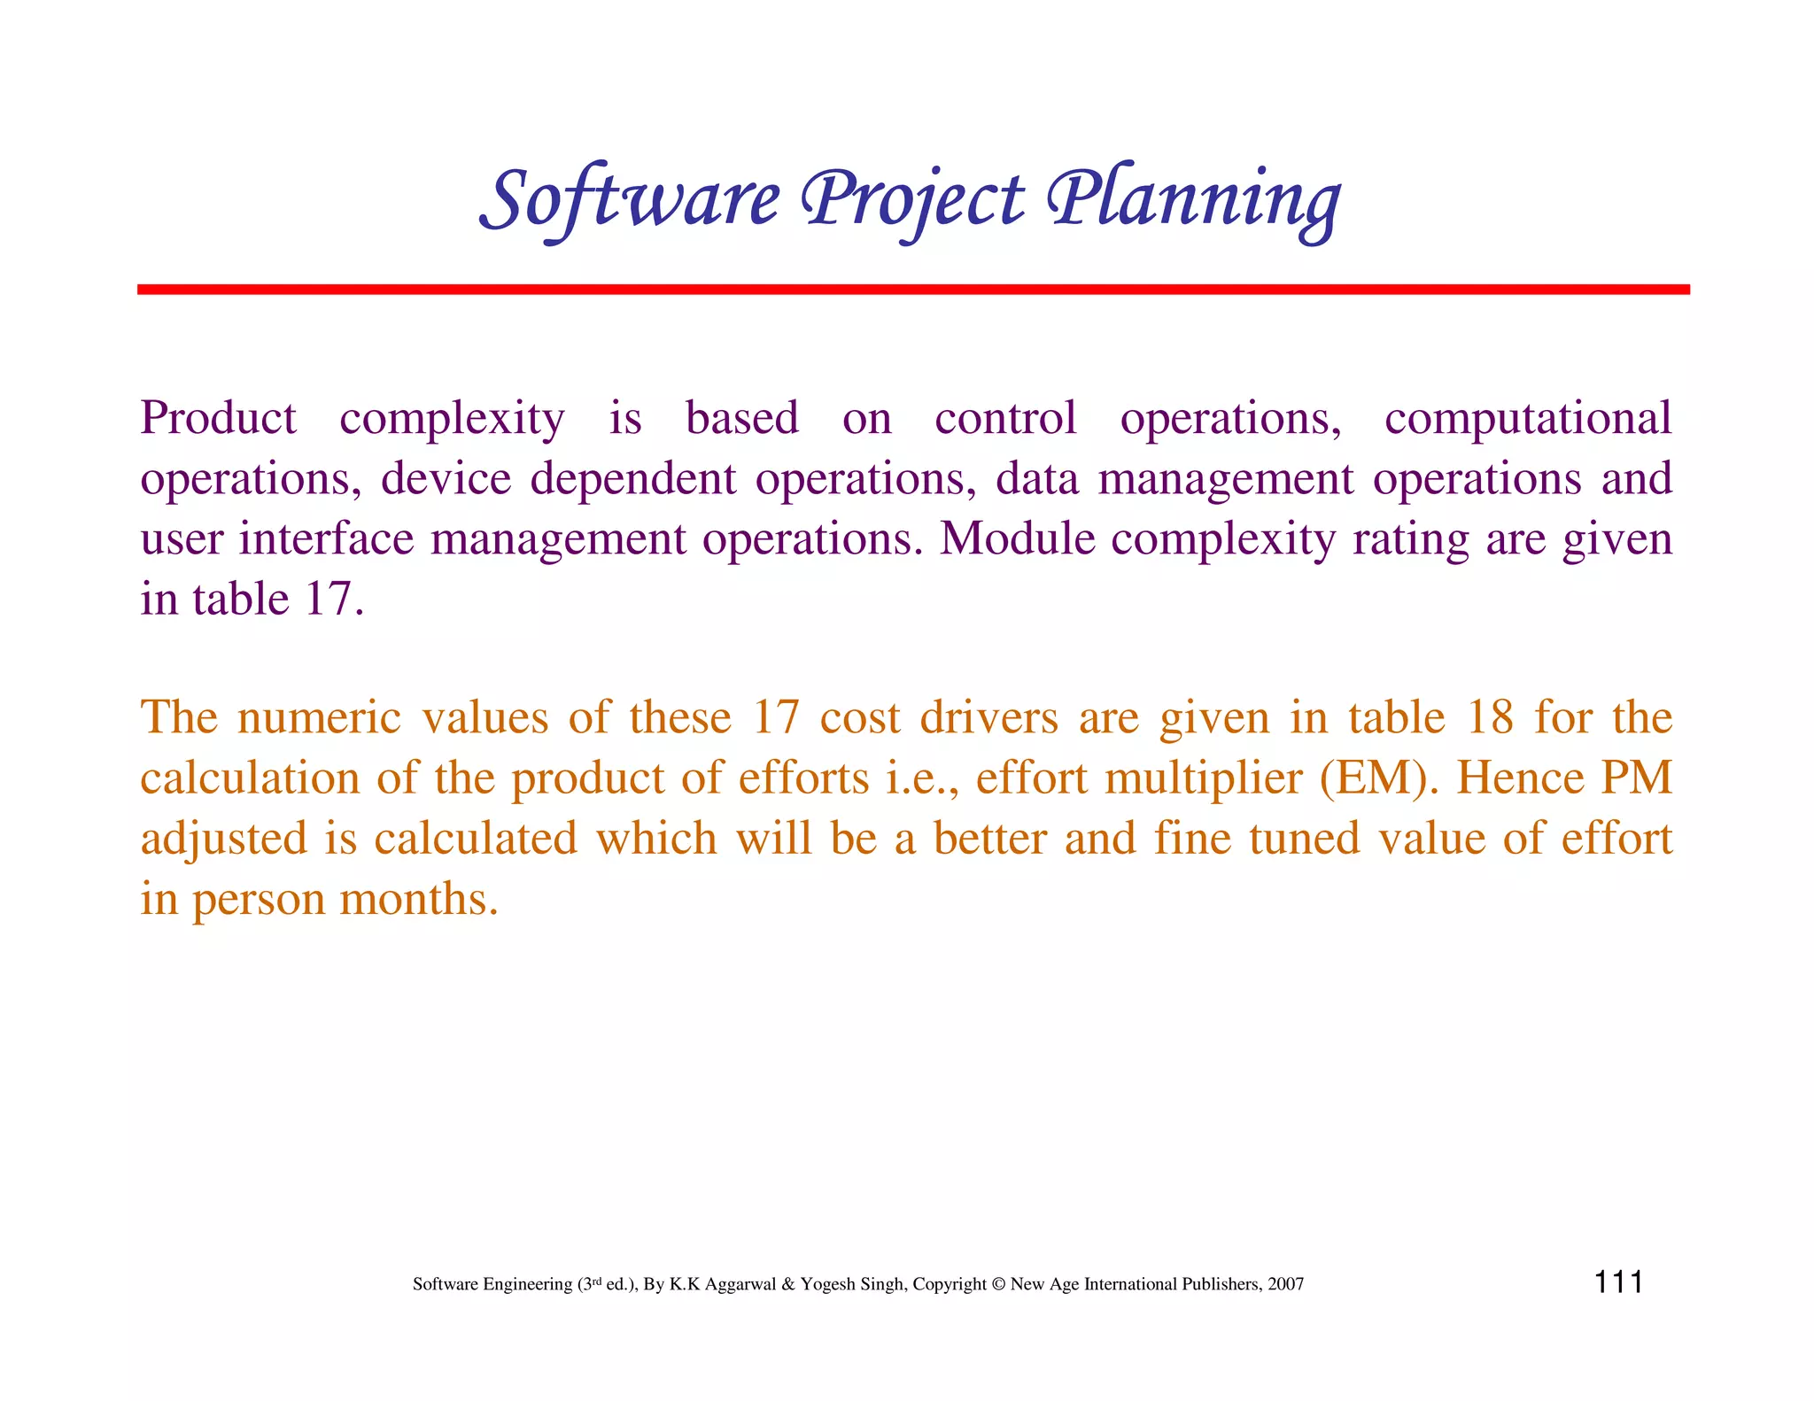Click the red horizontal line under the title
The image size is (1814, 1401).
[912, 290]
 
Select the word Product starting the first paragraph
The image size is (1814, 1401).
[218, 418]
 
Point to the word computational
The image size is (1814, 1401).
[1527, 418]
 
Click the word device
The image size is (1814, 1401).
[446, 478]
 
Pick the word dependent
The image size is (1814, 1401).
[632, 478]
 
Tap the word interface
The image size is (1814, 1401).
[326, 538]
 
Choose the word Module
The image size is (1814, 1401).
[1017, 538]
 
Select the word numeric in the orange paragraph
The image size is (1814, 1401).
[319, 717]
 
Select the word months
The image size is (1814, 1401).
[419, 899]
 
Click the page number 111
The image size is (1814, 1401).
[1618, 1282]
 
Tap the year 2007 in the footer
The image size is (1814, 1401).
[1285, 1285]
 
